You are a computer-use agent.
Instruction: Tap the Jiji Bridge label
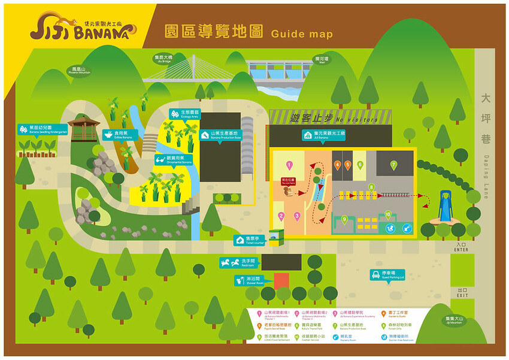click(162, 58)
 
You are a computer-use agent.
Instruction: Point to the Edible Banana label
click(116, 135)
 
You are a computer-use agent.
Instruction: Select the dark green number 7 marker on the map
click(393, 164)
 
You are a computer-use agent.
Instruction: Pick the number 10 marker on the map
click(388, 214)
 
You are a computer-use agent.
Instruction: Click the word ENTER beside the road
click(461, 249)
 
